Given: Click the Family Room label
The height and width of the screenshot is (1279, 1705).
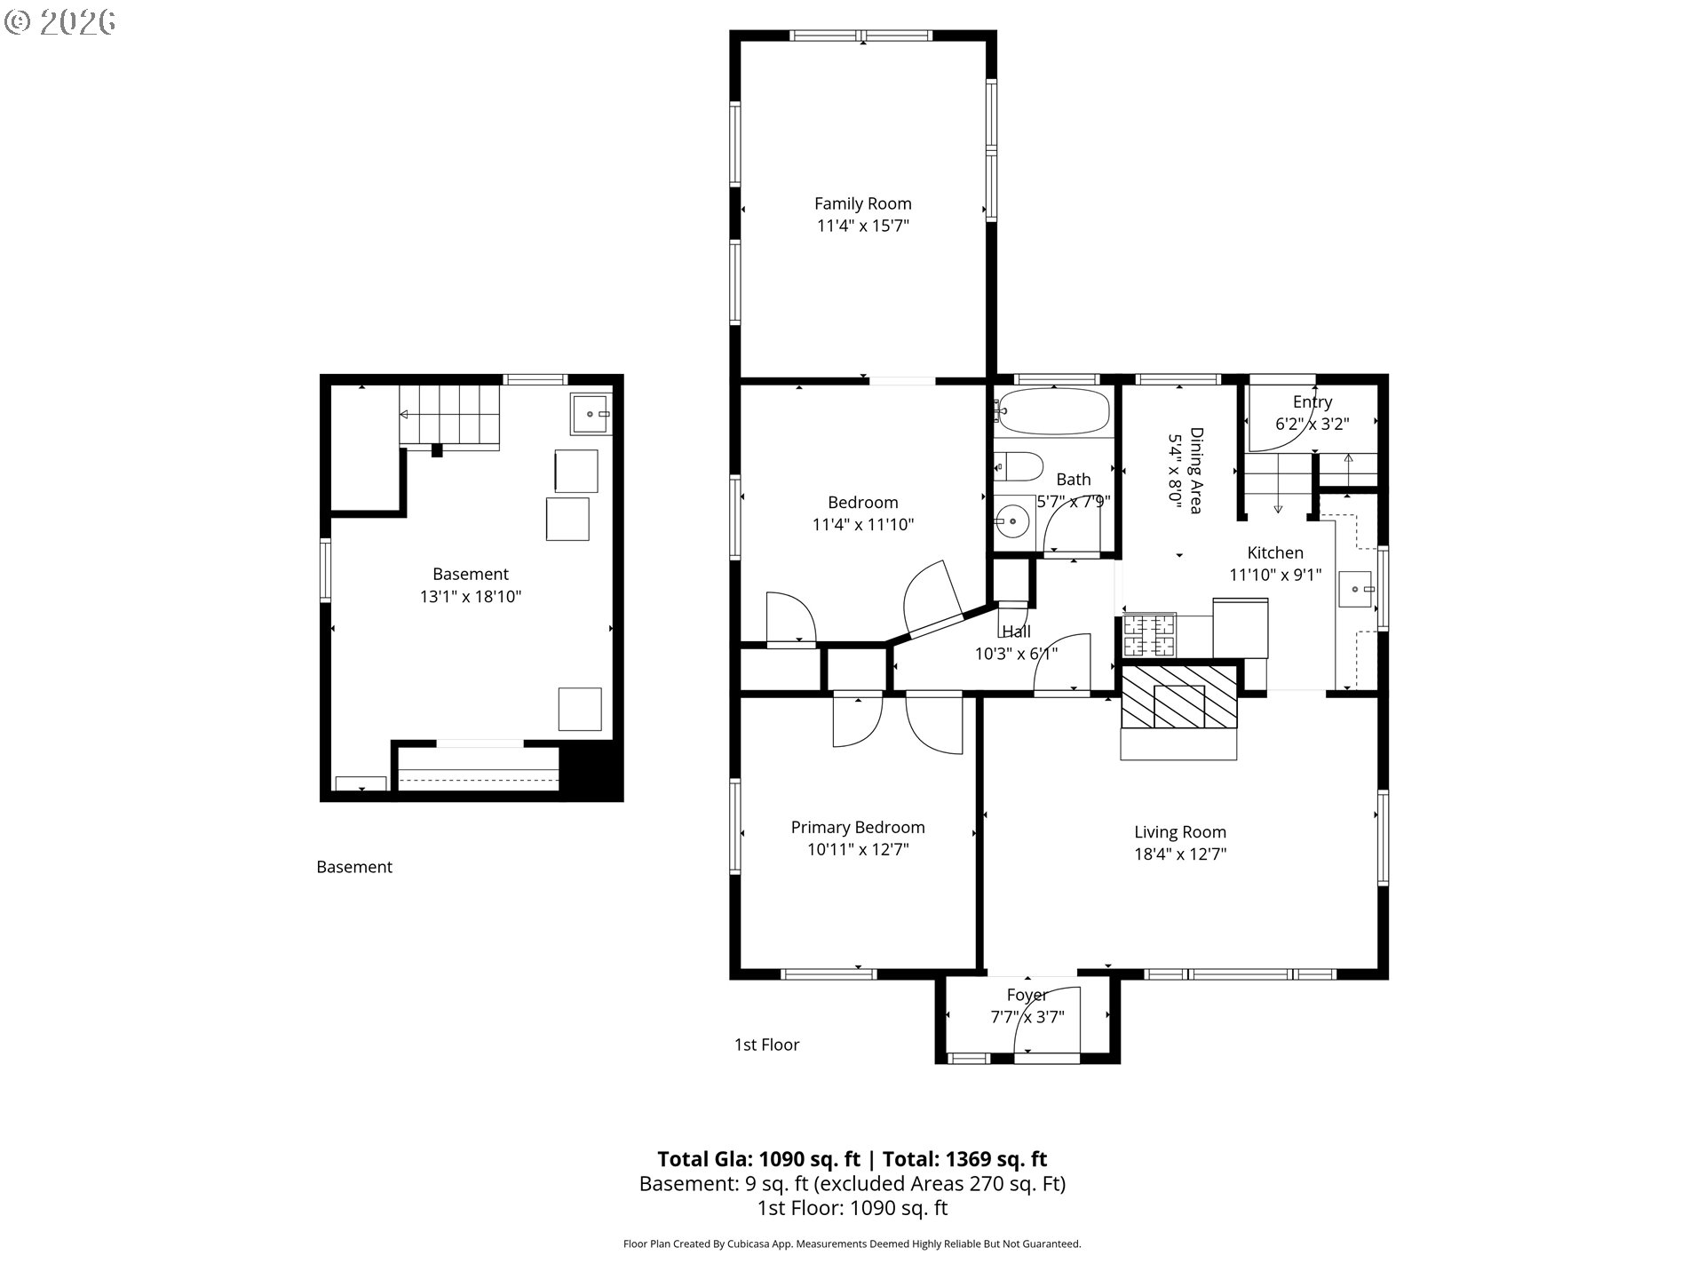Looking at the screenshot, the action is coord(862,203).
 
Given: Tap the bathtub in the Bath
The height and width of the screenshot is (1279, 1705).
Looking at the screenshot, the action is coord(1052,411).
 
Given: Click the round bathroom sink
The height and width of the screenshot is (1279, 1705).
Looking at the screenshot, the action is coord(1011,520).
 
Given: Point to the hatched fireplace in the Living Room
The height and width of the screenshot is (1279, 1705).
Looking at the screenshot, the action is coord(1178,698).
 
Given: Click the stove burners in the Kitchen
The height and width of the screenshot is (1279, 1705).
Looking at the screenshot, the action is coord(1149,635).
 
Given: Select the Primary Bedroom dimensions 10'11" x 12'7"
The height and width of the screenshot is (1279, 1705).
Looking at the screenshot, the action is coord(858,849).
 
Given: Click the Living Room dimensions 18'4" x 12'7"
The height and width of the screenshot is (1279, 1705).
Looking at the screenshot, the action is coord(1180,854).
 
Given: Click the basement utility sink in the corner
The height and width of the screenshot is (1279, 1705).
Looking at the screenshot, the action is coord(591,414).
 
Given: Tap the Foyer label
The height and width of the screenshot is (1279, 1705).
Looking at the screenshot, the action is coord(1027,995).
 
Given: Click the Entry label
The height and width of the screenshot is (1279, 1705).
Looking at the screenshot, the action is coord(1312,401).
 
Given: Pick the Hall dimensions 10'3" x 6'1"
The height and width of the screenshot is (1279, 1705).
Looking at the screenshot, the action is coord(1016,654).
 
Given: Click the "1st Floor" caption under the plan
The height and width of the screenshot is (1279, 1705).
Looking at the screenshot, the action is coord(766,1045).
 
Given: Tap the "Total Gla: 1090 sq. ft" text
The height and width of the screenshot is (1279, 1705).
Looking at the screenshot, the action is coord(759,1159).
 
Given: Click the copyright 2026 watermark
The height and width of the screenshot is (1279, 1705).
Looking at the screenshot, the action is coord(60,22).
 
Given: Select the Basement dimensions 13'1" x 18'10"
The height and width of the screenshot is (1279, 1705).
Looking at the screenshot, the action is coord(471,596).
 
